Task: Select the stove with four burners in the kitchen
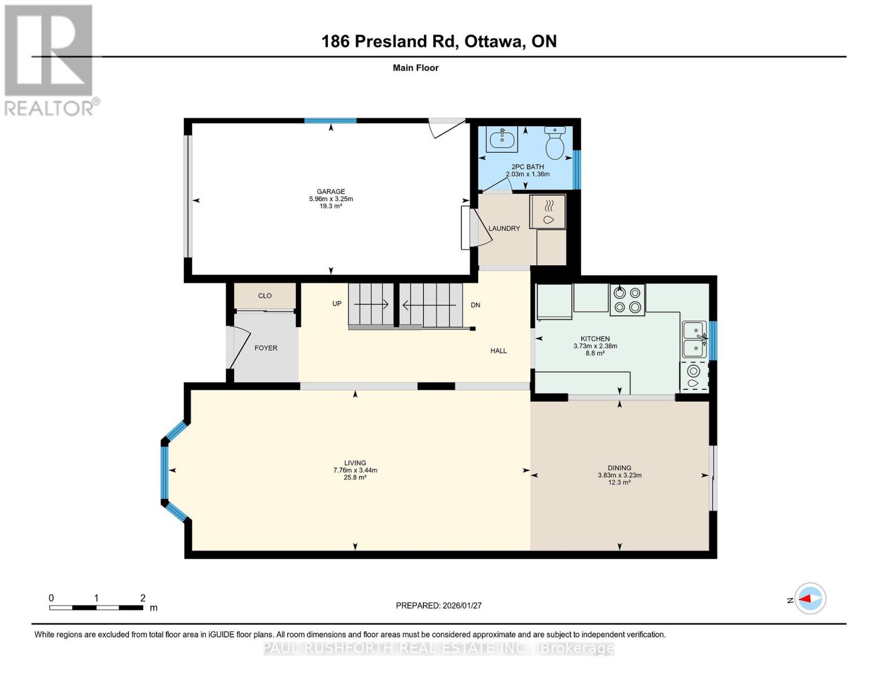pyautogui.click(x=627, y=300)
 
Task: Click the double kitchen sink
pyautogui.click(x=694, y=339)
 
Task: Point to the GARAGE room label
pyautogui.click(x=331, y=191)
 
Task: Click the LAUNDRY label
pyautogui.click(x=504, y=229)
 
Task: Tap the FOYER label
pyautogui.click(x=266, y=348)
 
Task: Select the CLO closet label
pyautogui.click(x=265, y=295)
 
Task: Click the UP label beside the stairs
pyautogui.click(x=336, y=304)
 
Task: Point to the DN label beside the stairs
pyautogui.click(x=475, y=305)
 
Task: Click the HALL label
pyautogui.click(x=498, y=351)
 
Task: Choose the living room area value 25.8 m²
pyautogui.click(x=354, y=477)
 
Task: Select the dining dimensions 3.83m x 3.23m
pyautogui.click(x=620, y=475)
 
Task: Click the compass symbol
pyautogui.click(x=810, y=599)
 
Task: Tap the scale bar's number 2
pyautogui.click(x=142, y=598)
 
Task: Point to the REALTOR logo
pyautogui.click(x=50, y=61)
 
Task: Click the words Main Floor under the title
pyautogui.click(x=416, y=68)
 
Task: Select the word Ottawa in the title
pyautogui.click(x=494, y=42)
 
